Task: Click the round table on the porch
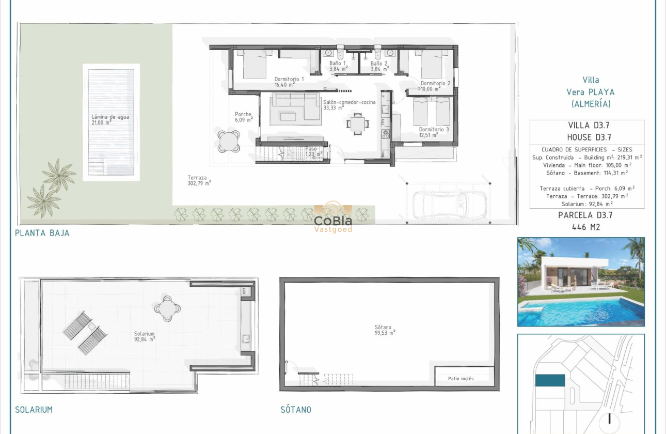tap(229, 141)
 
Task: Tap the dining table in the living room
tap(357, 123)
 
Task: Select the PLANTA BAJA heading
tap(42, 233)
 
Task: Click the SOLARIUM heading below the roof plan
tap(34, 410)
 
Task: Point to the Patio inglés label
tap(461, 379)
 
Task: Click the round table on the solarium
tap(167, 308)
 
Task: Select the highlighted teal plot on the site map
tap(549, 380)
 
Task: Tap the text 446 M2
tap(586, 227)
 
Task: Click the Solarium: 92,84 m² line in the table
tap(587, 204)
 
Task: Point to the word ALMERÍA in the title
tap(591, 104)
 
